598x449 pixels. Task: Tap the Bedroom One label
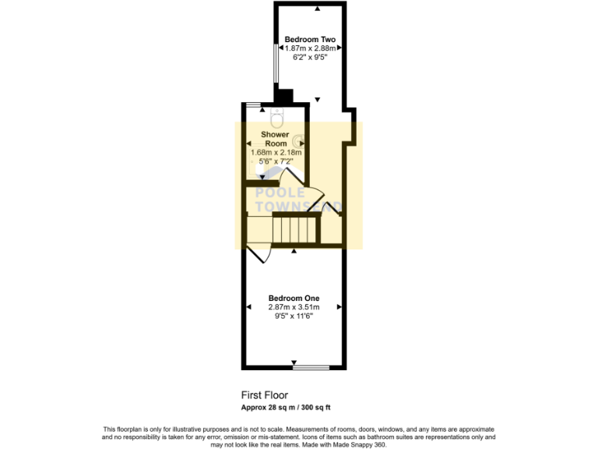[x=294, y=298]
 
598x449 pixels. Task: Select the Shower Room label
[x=275, y=139]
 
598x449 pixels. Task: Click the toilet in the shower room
[x=276, y=119]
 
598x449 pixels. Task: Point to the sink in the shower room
[x=299, y=143]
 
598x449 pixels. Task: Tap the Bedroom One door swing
[x=259, y=253]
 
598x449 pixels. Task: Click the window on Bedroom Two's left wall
[x=274, y=65]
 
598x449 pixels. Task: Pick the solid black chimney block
[x=282, y=97]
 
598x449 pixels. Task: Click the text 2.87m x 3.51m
[x=294, y=307]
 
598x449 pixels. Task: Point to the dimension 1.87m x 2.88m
[x=310, y=48]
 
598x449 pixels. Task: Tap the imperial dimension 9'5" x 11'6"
[x=294, y=316]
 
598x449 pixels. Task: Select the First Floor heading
[x=265, y=395]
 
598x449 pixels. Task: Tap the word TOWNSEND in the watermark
[x=300, y=207]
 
